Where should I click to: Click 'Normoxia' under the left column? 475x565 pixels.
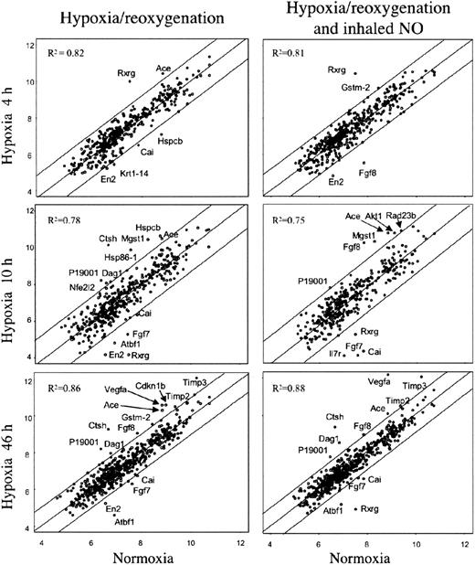(140, 555)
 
